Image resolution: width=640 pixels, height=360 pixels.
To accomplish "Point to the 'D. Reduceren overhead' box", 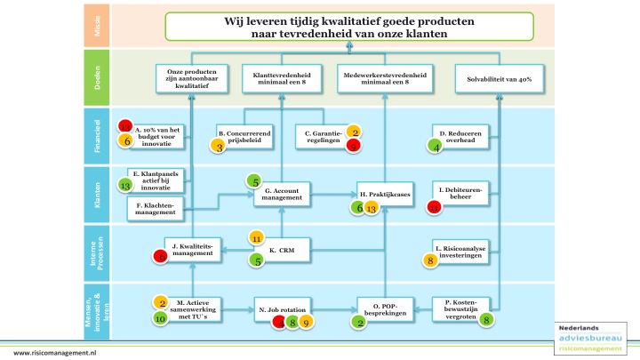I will pos(460,137).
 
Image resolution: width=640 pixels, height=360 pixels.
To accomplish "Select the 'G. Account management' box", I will pos(281,196).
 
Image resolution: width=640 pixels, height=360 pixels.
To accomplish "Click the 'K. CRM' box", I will pos(281,252).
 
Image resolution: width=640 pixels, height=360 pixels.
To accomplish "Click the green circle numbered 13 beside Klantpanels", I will pos(125,186).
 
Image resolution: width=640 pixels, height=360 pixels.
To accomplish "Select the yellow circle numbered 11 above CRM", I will pos(256,238).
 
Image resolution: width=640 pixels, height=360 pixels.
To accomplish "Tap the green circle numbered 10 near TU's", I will pos(160,317).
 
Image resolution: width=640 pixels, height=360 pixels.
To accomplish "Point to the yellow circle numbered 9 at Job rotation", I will pos(305,323).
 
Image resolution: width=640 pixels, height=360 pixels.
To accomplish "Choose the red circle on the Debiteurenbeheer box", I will pos(434,207).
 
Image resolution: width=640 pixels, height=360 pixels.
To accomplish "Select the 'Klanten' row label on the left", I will pos(99,194).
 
